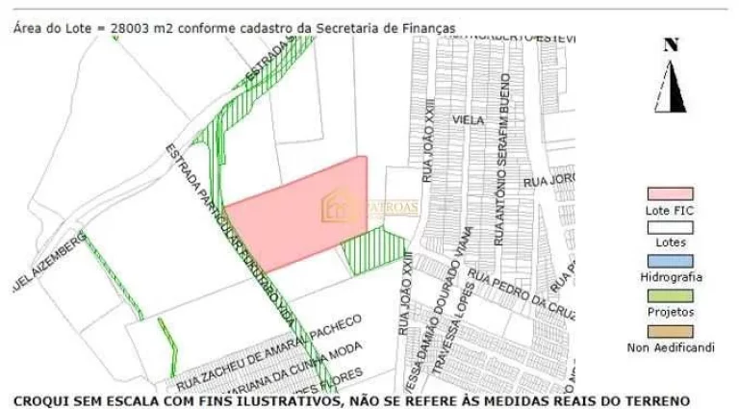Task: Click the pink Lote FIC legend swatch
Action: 670,195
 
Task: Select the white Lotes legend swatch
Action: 670,228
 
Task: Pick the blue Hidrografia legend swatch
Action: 670,261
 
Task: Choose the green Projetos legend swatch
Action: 670,295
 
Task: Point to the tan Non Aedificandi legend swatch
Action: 670,330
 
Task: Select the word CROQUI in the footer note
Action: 41,399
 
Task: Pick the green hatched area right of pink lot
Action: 375,251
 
